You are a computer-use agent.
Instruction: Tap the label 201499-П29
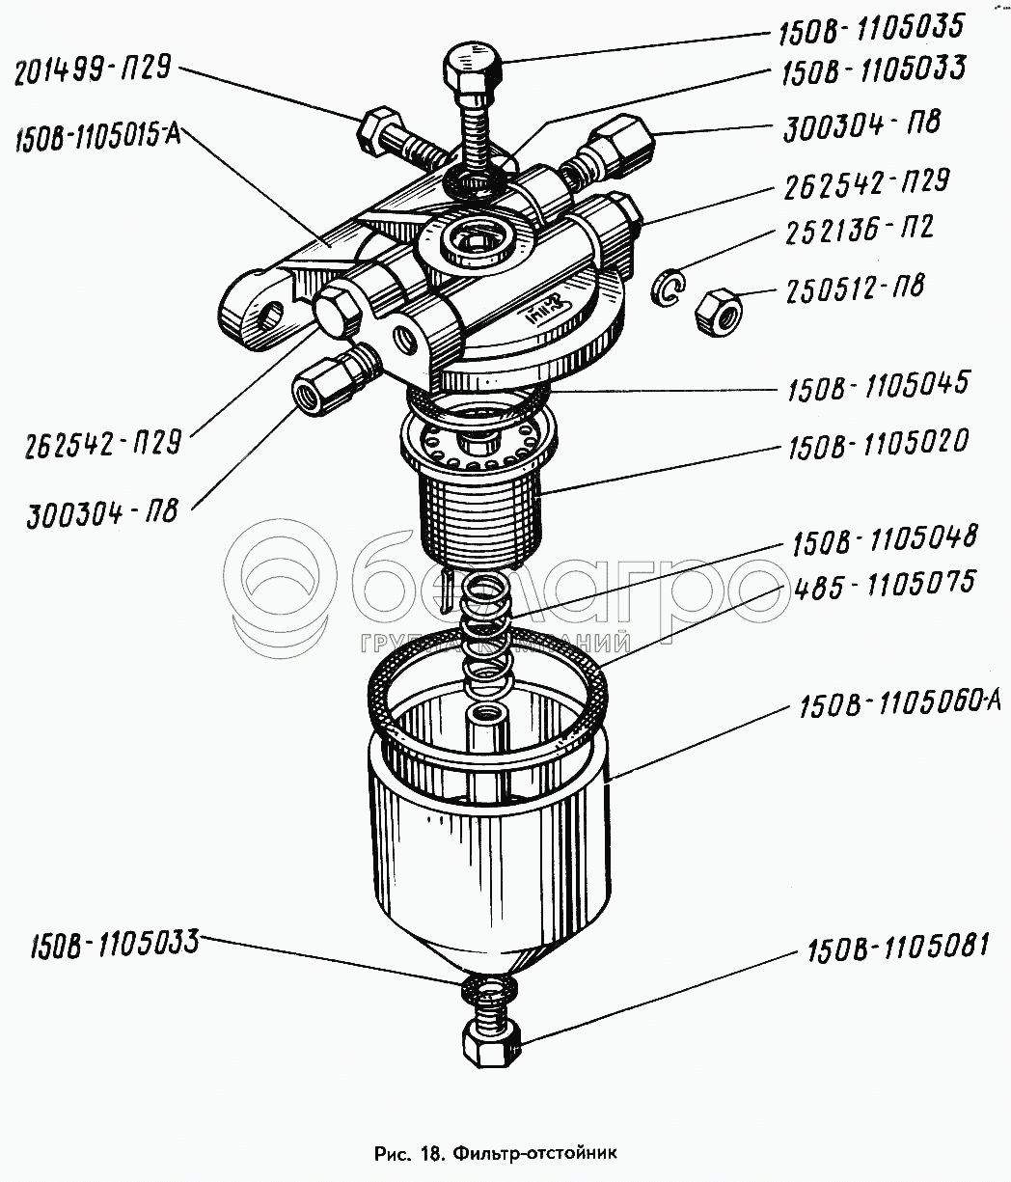pos(93,71)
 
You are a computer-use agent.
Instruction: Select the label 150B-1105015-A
pos(97,137)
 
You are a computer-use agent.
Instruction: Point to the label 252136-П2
pos(860,230)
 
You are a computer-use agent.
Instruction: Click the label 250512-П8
pos(856,289)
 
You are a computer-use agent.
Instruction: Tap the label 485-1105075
pos(884,585)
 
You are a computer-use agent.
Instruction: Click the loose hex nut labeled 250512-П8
pos(719,313)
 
